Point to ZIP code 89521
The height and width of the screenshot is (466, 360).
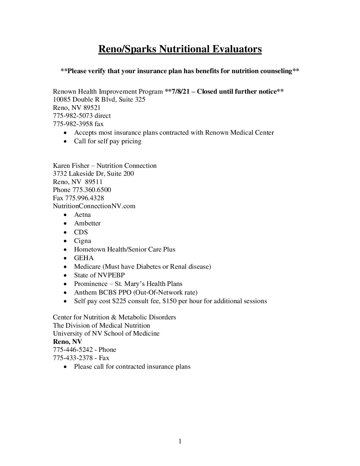coord(92,108)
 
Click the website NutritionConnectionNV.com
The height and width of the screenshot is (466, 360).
coord(94,206)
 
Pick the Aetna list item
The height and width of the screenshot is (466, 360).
coord(82,215)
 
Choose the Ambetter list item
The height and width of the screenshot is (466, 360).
coord(87,223)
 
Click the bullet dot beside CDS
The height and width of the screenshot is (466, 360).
coord(67,232)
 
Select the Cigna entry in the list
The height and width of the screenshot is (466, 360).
coord(82,241)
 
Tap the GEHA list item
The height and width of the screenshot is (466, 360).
coord(84,258)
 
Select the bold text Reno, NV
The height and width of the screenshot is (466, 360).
coord(67,342)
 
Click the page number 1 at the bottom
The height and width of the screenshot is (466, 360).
coord(180,441)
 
